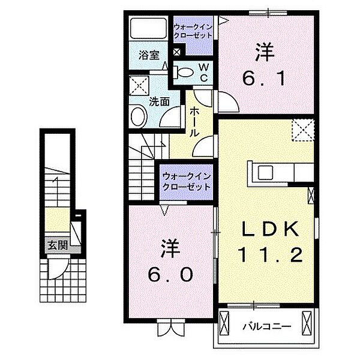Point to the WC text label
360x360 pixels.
pos(203,73)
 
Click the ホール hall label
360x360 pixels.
pos(195,122)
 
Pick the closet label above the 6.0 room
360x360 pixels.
pos(187,181)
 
